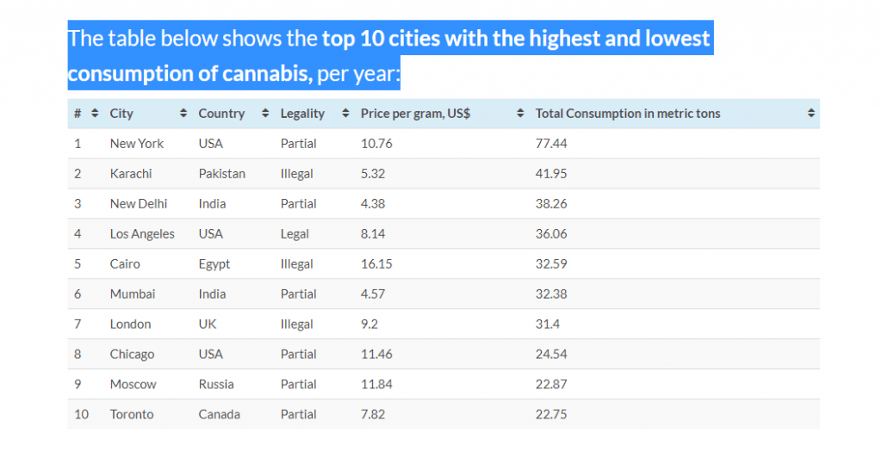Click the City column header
click(121, 114)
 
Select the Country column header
click(221, 114)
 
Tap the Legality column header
click(302, 114)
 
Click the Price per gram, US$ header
click(415, 114)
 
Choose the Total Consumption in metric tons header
click(627, 114)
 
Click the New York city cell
click(136, 144)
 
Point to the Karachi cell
click(131, 174)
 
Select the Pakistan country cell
click(221, 174)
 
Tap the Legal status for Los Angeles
click(295, 234)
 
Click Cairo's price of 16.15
click(376, 264)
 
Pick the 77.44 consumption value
click(551, 144)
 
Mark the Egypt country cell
click(214, 264)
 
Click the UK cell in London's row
click(208, 325)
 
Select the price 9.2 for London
click(370, 325)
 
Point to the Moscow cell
click(133, 385)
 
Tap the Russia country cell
click(215, 385)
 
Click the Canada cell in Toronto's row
click(219, 415)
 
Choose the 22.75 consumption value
click(551, 415)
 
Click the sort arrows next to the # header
click(95, 114)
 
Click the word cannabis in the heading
click(265, 74)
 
